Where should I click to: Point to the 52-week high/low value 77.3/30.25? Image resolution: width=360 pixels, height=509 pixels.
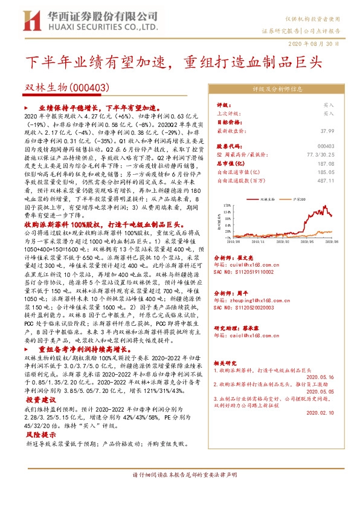320,155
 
